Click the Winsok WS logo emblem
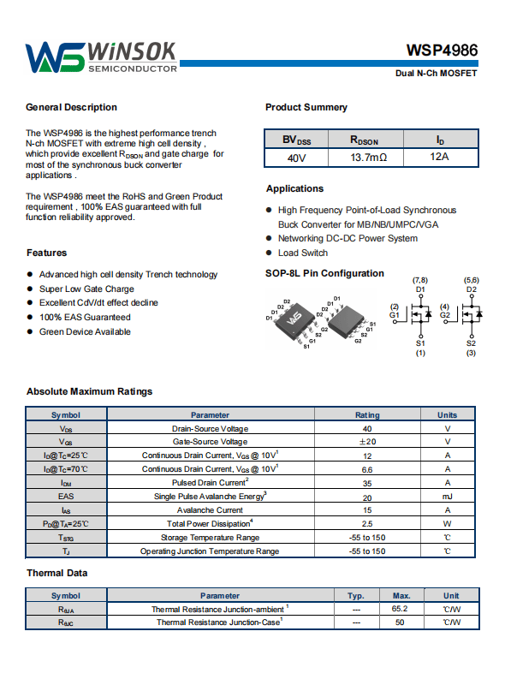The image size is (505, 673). [x=55, y=57]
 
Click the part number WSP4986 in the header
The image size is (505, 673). [x=442, y=51]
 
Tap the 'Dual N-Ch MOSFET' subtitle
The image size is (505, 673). [x=436, y=74]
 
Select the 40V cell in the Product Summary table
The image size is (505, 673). [x=296, y=158]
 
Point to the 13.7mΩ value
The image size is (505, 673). [x=369, y=158]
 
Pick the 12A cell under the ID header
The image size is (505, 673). [x=439, y=157]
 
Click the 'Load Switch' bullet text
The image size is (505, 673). [x=303, y=253]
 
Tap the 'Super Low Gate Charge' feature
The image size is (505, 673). [x=86, y=289]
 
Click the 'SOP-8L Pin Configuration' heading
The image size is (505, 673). [x=324, y=273]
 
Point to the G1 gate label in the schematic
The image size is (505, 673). [x=394, y=315]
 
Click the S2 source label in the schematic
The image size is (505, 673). [x=471, y=343]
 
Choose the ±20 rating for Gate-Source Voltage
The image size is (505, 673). [x=367, y=442]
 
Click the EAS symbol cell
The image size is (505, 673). [x=66, y=496]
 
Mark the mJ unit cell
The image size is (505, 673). [x=448, y=497]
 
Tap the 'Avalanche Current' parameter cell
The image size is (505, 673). [x=210, y=510]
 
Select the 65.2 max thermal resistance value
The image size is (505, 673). [x=400, y=609]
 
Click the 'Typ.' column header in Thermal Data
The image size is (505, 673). [x=356, y=596]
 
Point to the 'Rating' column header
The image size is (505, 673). [x=367, y=415]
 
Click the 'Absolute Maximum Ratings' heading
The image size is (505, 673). [x=89, y=391]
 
